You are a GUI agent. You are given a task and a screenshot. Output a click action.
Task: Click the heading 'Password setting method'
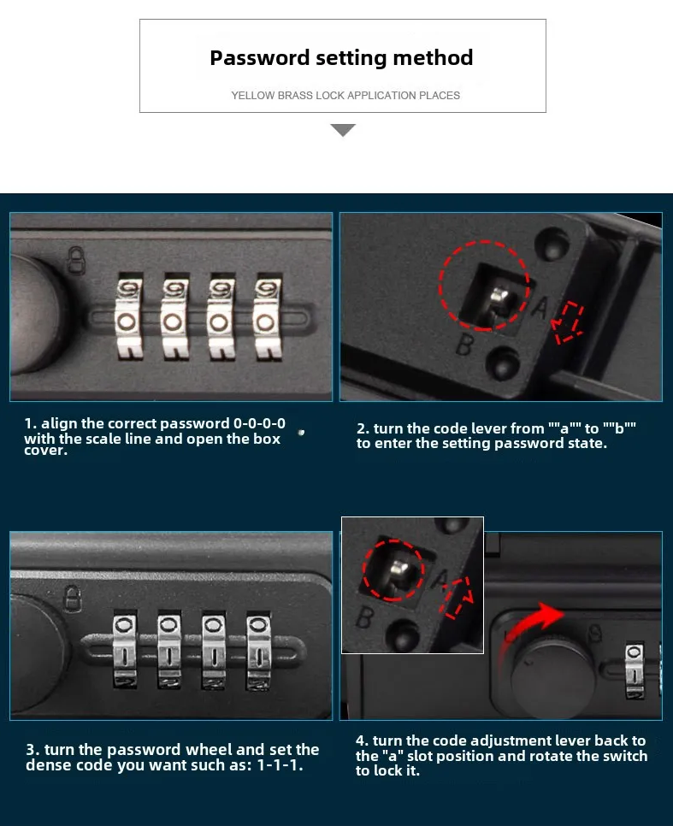[x=341, y=58]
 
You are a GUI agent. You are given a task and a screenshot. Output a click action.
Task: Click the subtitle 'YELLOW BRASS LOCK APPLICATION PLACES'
[x=345, y=96]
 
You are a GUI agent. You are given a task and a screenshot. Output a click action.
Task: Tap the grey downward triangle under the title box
[x=343, y=130]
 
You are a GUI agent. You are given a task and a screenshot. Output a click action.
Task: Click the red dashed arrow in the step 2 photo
[x=567, y=322]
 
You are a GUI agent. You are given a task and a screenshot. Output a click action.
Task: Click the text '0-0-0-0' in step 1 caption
[x=259, y=424]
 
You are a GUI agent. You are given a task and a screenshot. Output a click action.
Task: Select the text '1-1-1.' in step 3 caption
[x=280, y=765]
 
